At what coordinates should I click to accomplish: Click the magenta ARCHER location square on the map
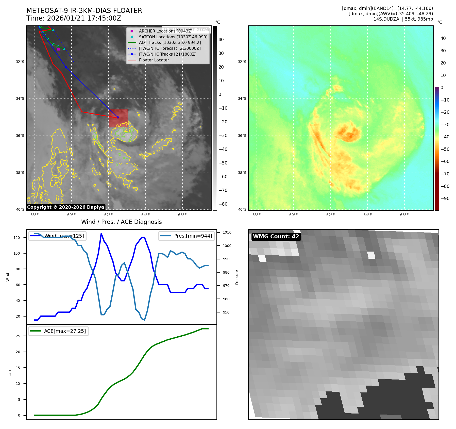(x=59, y=49)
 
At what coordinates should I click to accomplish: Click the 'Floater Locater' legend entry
(x=154, y=60)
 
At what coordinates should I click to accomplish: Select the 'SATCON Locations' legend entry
(x=173, y=37)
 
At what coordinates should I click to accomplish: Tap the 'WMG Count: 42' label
(x=276, y=237)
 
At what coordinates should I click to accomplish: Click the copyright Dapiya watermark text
(x=65, y=207)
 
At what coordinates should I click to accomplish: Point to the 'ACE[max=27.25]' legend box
(x=58, y=331)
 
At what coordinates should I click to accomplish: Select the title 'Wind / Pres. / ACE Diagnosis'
(x=121, y=222)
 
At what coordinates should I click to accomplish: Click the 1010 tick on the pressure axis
(x=227, y=232)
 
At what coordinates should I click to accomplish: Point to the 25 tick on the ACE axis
(x=18, y=336)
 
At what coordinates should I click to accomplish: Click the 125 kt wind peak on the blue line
(x=101, y=234)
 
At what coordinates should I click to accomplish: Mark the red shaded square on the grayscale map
(x=119, y=118)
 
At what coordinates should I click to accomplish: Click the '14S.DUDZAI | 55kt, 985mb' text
(x=403, y=19)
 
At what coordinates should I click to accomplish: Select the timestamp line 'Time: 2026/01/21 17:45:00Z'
(x=74, y=18)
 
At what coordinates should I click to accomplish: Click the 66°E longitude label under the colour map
(x=404, y=215)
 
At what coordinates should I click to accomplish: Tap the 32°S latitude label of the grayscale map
(x=20, y=62)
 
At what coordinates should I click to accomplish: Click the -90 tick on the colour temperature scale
(x=445, y=199)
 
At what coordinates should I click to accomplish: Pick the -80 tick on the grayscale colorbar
(x=223, y=204)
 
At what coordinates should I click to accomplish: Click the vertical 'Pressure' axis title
(x=237, y=277)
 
